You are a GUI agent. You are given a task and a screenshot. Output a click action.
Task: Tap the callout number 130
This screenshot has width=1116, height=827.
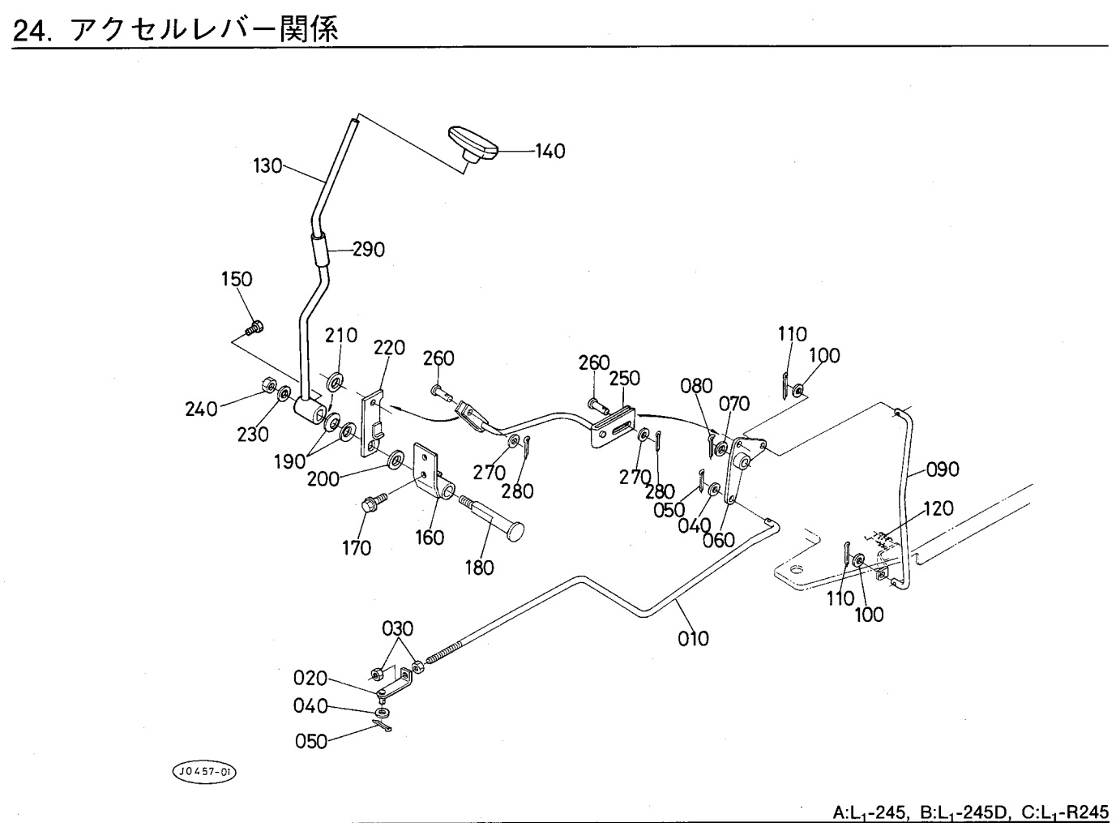click(x=267, y=166)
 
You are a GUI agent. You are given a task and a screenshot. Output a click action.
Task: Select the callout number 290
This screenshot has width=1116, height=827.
click(x=368, y=249)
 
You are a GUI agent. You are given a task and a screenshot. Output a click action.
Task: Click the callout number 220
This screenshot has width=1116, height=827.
click(x=389, y=349)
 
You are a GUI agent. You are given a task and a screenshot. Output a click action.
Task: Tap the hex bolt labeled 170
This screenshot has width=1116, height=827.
click(x=374, y=505)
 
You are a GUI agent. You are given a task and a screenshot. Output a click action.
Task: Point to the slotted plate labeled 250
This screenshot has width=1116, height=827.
click(x=614, y=425)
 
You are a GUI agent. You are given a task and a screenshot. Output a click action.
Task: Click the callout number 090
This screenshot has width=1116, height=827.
click(x=942, y=469)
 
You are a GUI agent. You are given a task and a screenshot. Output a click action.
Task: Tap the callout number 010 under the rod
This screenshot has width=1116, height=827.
click(x=693, y=639)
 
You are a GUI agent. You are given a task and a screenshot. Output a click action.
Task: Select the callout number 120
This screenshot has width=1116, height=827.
click(x=939, y=508)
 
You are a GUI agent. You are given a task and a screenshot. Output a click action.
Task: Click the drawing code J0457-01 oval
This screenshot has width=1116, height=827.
click(x=203, y=771)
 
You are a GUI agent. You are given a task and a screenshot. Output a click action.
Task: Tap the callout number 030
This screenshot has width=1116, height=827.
click(x=397, y=628)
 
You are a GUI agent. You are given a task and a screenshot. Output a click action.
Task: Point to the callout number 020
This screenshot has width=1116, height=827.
click(x=310, y=678)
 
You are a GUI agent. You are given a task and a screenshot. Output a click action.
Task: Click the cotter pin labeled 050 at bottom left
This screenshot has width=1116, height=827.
click(x=382, y=728)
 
